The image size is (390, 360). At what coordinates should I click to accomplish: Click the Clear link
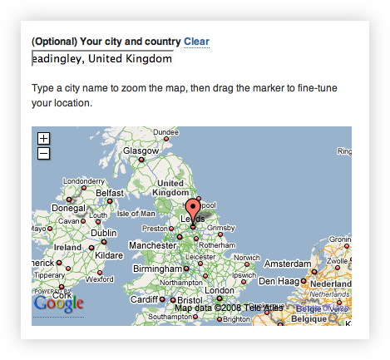click(x=196, y=42)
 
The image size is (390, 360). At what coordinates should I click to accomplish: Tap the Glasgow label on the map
click(x=141, y=150)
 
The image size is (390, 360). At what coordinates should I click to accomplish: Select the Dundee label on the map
click(x=166, y=132)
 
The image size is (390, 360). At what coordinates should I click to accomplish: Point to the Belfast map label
click(x=110, y=192)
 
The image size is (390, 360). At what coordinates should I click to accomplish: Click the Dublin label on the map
click(x=104, y=234)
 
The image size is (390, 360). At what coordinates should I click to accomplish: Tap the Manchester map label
click(x=152, y=246)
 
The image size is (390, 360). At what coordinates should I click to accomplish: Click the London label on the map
click(x=220, y=290)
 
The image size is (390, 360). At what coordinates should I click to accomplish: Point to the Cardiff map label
click(x=144, y=300)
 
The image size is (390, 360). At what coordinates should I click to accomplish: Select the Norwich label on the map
click(x=246, y=257)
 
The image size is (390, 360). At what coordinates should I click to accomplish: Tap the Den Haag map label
click(x=278, y=282)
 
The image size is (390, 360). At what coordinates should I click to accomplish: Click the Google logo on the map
click(x=58, y=303)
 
